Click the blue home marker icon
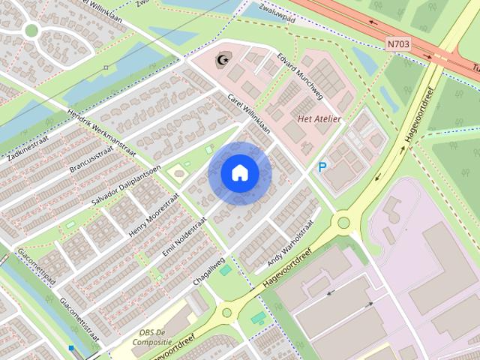click(x=240, y=173)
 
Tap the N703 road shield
click(x=398, y=44)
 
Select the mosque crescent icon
click(x=221, y=59)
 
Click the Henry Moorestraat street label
click(x=154, y=214)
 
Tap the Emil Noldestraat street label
click(x=184, y=235)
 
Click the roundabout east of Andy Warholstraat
click(x=343, y=221)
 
